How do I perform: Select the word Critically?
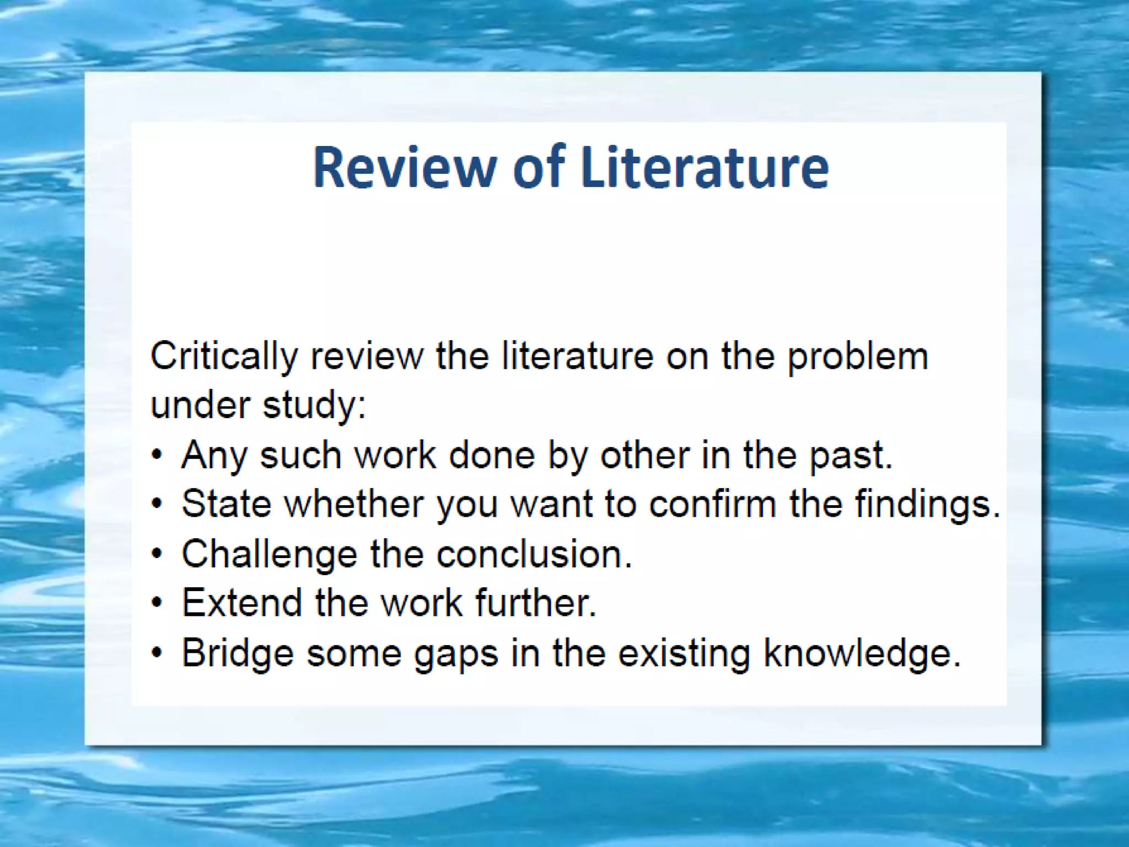coord(224,357)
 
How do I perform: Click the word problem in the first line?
coord(857,357)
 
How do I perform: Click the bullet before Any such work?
coord(158,455)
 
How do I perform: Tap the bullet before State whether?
coord(158,504)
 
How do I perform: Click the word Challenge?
coord(269,554)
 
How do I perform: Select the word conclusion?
coord(534,554)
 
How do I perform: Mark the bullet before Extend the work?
coord(158,603)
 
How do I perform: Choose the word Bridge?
coord(238,653)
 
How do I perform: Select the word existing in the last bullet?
coord(684,653)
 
